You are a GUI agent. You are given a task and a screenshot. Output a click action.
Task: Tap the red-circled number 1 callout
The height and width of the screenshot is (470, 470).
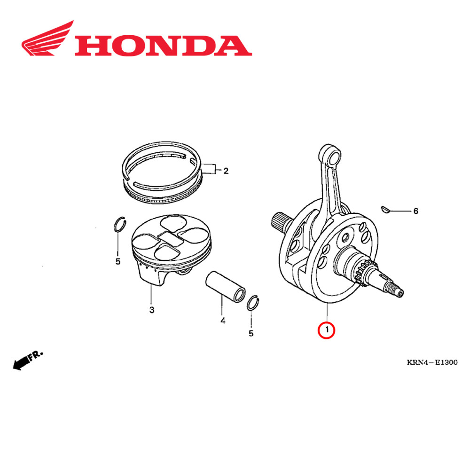326,330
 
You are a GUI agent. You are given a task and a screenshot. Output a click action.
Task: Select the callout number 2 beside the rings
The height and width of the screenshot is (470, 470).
226,171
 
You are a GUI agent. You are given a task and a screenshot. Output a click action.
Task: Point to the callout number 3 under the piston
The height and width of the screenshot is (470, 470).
151,310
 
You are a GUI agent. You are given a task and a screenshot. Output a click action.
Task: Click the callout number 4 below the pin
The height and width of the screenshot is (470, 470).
223,321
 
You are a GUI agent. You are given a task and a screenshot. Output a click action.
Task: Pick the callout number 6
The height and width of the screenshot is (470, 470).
415,211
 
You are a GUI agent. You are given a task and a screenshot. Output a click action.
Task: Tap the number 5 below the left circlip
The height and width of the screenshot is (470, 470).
118,261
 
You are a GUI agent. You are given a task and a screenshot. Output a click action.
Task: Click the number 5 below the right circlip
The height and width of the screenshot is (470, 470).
251,333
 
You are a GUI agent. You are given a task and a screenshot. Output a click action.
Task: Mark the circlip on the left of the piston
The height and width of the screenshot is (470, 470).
120,225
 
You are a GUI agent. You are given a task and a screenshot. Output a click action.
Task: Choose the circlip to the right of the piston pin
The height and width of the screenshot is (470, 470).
253,304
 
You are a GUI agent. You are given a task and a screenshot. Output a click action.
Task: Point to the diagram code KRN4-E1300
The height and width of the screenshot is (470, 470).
432,362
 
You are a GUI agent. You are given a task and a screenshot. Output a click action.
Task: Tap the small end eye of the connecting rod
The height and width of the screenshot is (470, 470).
330,155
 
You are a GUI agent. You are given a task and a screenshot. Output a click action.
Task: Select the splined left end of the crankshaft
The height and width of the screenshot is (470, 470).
280,222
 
